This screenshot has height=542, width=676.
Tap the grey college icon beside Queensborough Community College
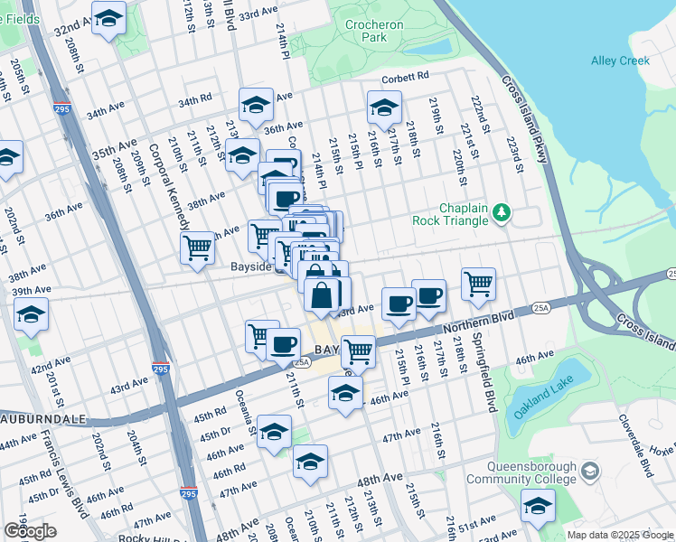point(590,472)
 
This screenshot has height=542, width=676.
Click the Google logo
point(30,532)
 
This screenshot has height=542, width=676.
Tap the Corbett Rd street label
point(402,79)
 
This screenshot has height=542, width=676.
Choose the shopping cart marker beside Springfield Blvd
point(478,283)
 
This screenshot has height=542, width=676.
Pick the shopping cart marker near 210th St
point(197,247)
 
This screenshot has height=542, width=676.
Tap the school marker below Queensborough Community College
point(538,506)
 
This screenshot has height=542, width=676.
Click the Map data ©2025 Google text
point(619,535)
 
